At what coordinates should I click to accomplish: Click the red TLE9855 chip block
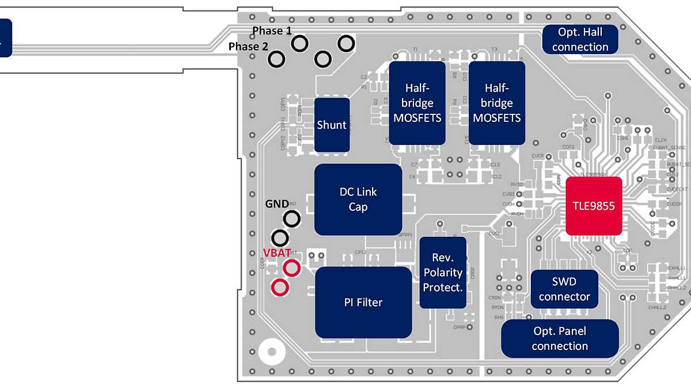(594, 206)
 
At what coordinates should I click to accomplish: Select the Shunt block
(332, 125)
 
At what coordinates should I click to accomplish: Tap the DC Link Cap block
(358, 199)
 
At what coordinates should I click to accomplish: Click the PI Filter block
(363, 302)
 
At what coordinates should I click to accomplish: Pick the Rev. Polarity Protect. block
(442, 272)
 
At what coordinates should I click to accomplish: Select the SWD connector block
(564, 289)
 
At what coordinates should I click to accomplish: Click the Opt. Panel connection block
(560, 339)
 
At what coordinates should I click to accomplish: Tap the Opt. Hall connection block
(580, 39)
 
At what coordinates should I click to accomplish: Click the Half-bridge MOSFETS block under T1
(417, 103)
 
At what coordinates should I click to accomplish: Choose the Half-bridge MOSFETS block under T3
(496, 103)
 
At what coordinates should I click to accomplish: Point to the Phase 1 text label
(272, 30)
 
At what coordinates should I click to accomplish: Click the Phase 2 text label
(248, 47)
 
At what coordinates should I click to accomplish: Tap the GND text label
(277, 203)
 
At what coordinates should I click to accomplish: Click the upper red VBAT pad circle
(291, 268)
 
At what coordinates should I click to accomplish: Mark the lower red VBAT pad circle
(280, 287)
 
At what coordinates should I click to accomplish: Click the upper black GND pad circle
(291, 218)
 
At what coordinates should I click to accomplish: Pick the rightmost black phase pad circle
(346, 43)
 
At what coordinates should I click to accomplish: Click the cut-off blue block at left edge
(5, 37)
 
